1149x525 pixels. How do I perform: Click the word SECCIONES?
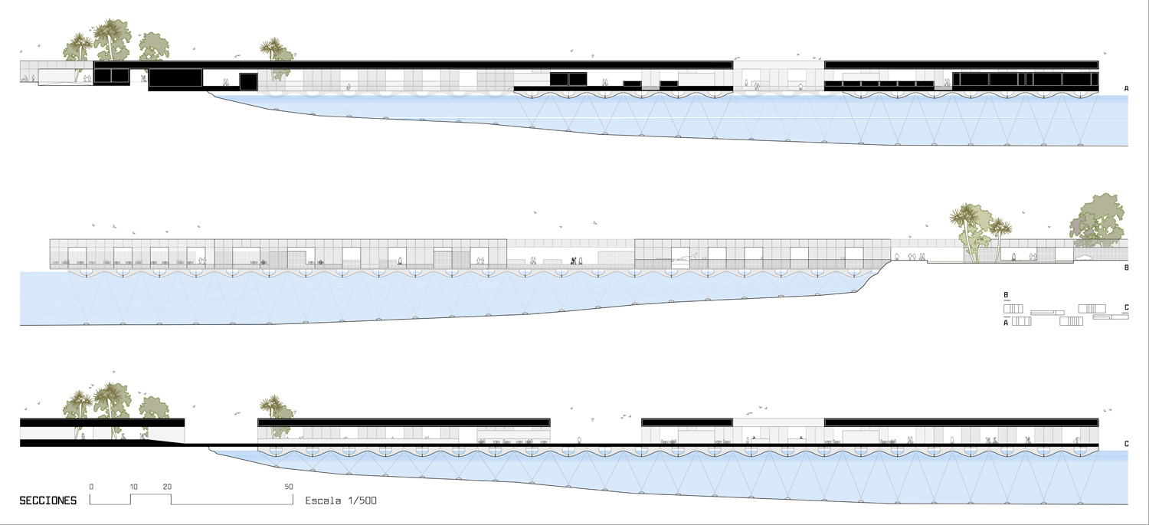[47, 500]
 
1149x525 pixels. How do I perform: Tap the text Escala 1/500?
[341, 500]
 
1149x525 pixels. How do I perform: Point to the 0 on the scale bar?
[91, 487]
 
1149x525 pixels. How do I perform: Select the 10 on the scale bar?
[133, 487]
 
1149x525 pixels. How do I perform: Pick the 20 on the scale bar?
[167, 487]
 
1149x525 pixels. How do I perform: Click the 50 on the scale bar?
[289, 487]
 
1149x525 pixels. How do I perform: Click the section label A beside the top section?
[1126, 89]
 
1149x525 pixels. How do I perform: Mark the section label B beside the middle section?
[1126, 268]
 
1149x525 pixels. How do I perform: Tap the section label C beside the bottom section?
[1126, 444]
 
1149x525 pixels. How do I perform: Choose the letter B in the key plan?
[1006, 294]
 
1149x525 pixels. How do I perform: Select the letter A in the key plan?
[1006, 323]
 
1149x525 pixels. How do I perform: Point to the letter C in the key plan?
[1126, 308]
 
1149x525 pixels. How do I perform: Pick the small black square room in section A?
[248, 82]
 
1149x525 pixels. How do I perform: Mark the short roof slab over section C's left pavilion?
[102, 422]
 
